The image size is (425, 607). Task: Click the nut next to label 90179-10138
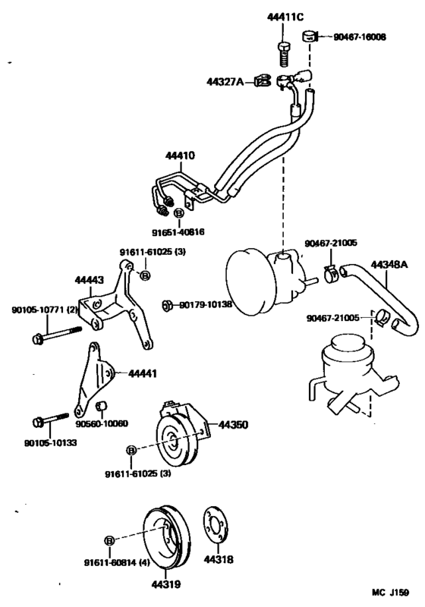click(x=167, y=305)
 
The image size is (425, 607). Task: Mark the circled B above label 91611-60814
click(x=109, y=539)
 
